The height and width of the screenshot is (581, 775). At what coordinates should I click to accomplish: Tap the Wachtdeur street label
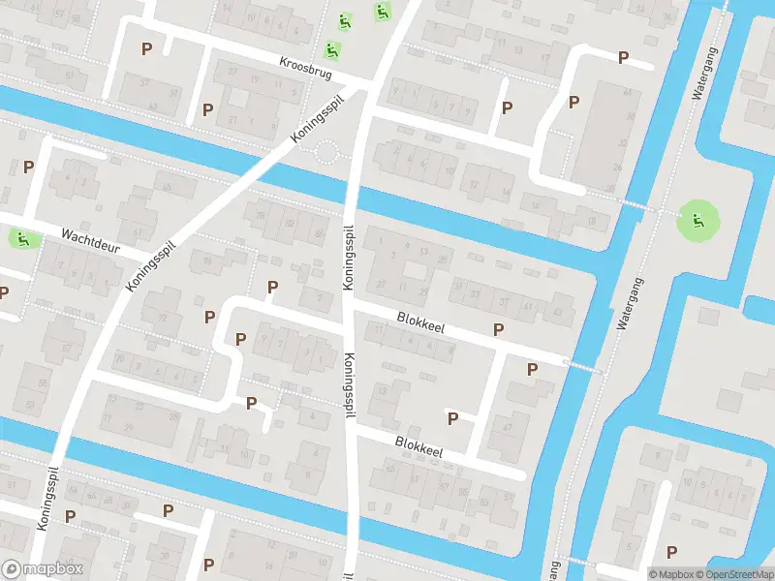click(x=90, y=241)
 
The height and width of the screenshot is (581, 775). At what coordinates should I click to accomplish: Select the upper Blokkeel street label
click(x=420, y=321)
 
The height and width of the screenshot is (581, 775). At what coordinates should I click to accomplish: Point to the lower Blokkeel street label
click(x=418, y=447)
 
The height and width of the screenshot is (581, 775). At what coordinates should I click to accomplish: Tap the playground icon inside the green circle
click(x=696, y=223)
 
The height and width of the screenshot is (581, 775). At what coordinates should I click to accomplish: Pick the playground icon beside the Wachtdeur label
click(x=20, y=238)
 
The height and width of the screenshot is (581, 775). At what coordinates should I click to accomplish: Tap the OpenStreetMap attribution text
click(x=735, y=574)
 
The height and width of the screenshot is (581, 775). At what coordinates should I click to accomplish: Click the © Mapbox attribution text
click(x=671, y=574)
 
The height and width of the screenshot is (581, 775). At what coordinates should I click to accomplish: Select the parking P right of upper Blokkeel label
click(x=498, y=329)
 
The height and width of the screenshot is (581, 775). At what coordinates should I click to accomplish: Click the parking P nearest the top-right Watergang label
click(x=623, y=58)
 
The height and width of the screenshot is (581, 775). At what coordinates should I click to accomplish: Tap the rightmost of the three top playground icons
click(x=382, y=13)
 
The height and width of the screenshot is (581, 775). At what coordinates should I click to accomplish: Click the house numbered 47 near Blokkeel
click(x=506, y=427)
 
